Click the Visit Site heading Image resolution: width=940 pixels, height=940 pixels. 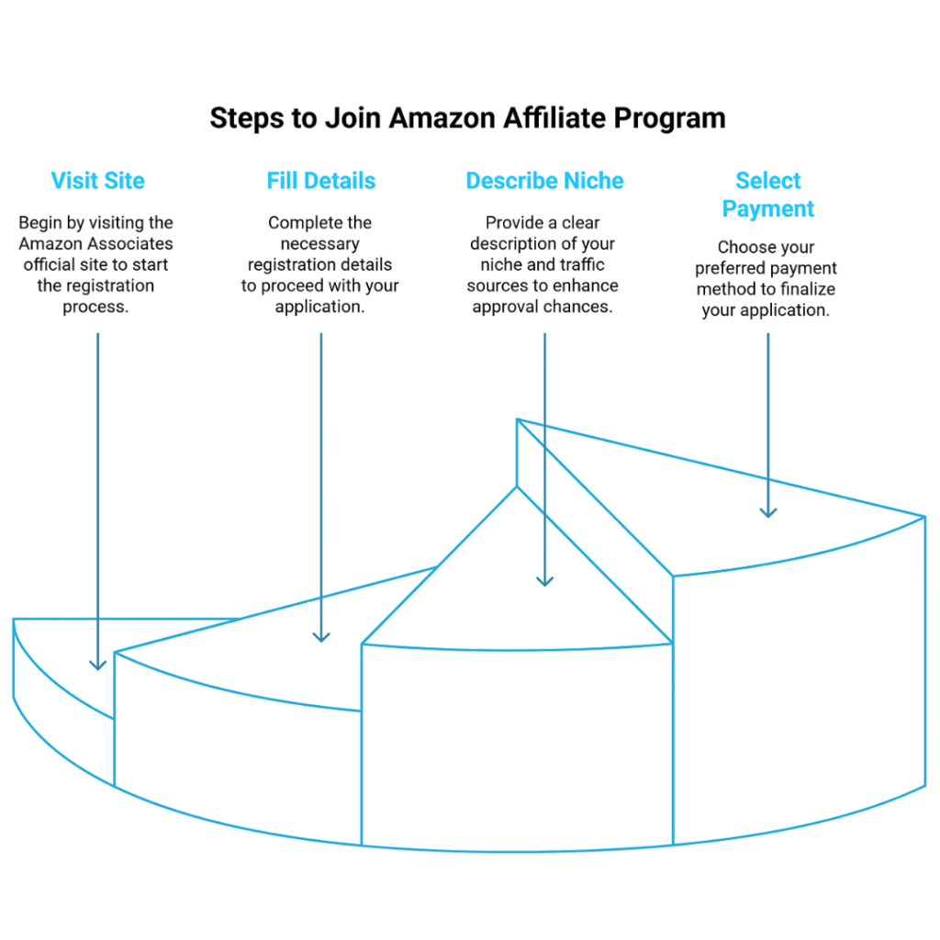pos(97,181)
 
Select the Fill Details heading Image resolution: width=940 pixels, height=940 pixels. pos(321,181)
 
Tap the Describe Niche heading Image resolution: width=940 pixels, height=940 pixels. pos(544,181)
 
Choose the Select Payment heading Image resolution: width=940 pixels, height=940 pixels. pos(768,195)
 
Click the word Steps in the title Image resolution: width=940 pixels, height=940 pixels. pos(245,118)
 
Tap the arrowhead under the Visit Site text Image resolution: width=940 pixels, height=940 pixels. pos(97,664)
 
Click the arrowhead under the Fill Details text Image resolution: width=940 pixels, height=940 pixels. pos(321,635)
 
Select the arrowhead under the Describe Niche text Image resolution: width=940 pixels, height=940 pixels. pos(545,579)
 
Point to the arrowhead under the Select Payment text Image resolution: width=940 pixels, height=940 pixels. pos(768,511)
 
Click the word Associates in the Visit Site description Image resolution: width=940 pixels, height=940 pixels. pos(133,244)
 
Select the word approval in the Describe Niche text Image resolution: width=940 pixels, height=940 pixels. pos(510,308)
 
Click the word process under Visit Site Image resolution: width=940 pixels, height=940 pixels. pos(96,308)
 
